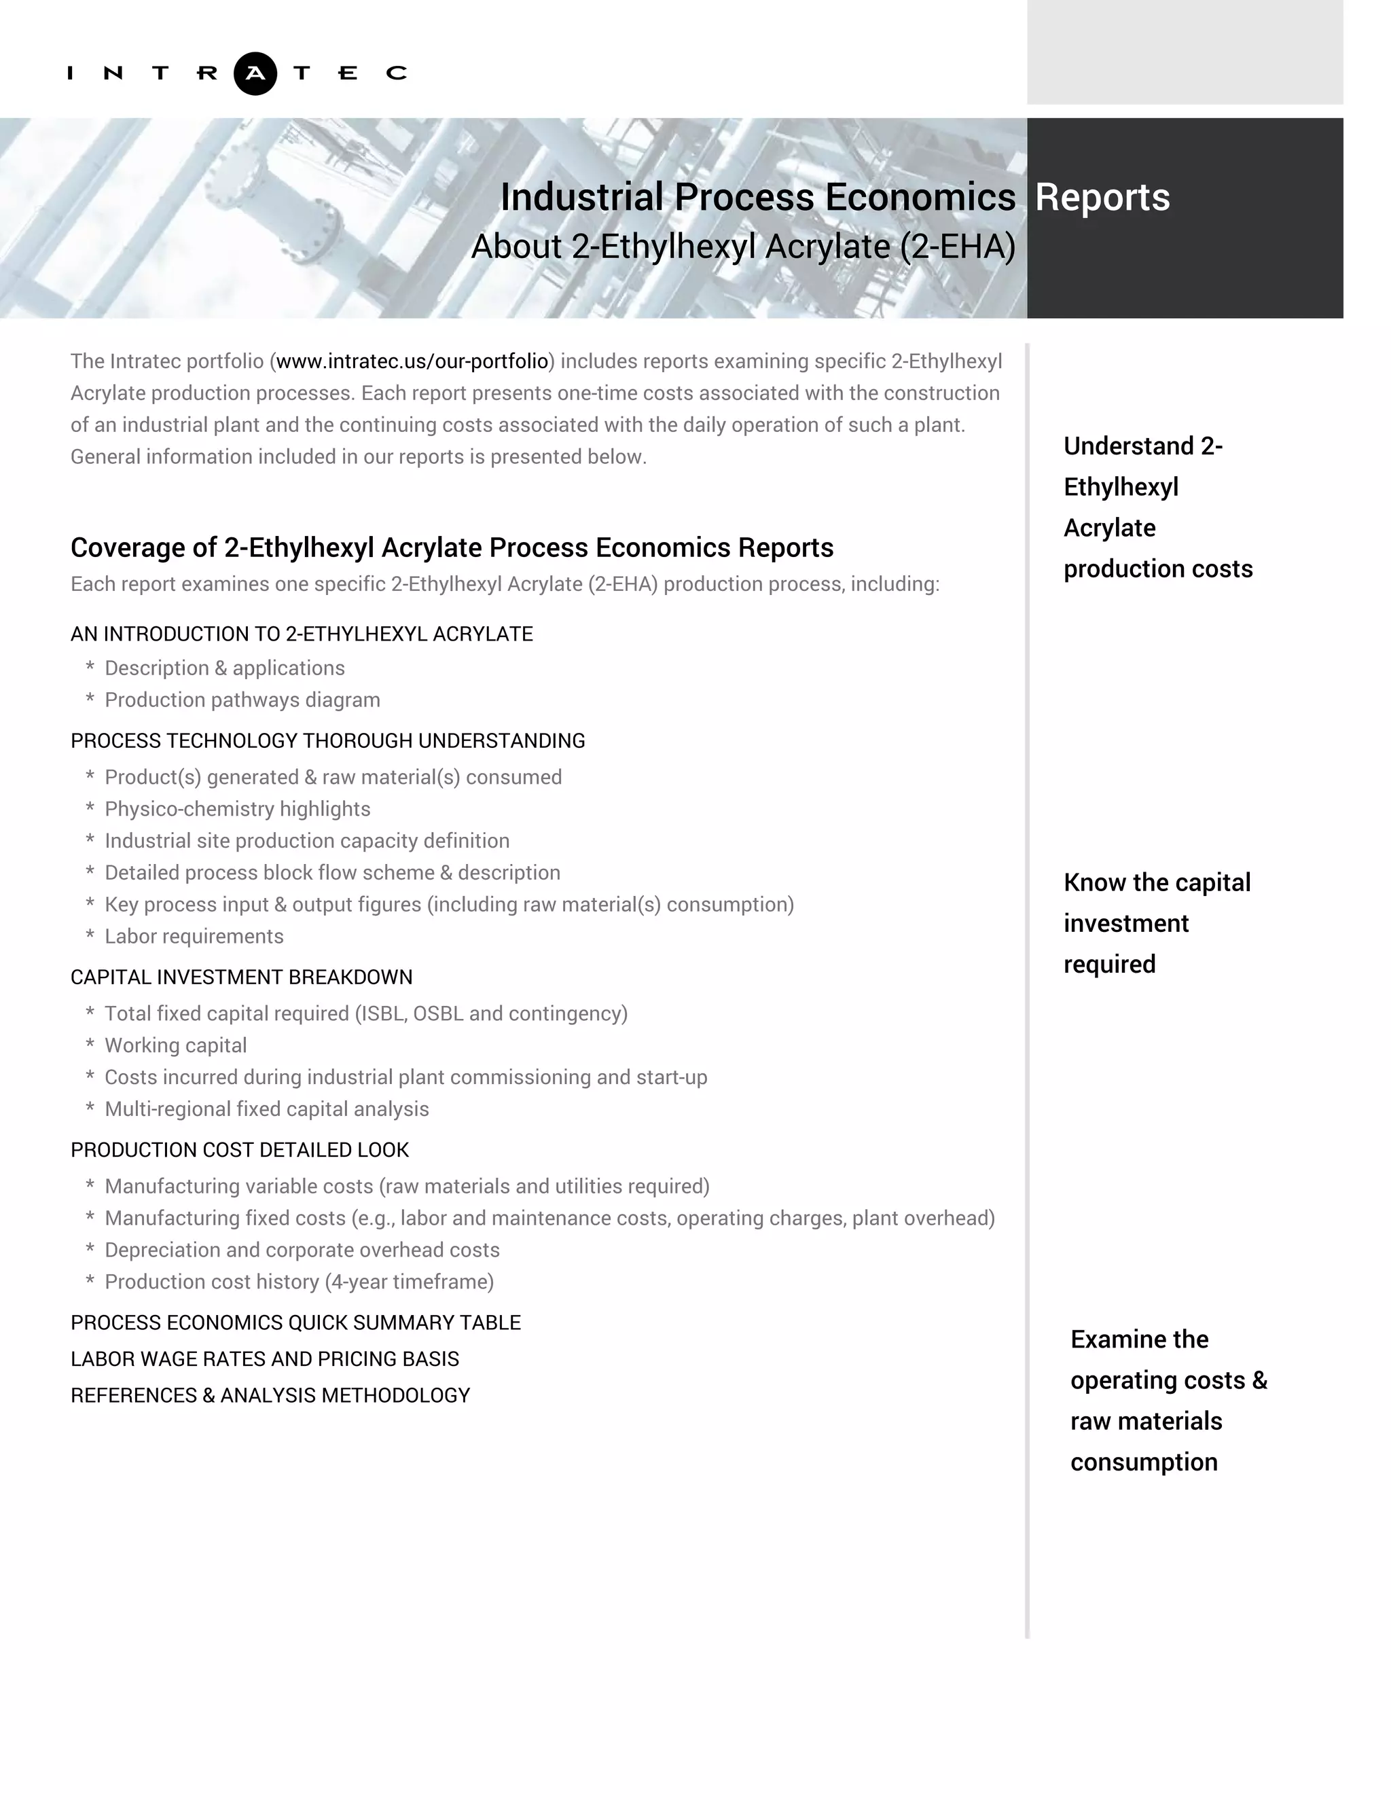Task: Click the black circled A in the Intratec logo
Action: pos(255,73)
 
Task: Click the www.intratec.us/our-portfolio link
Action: pos(412,361)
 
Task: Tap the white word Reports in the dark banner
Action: pos(1102,197)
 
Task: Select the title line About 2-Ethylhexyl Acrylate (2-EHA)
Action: pos(742,247)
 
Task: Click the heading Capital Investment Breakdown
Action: pos(241,977)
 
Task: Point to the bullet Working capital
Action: pos(175,1045)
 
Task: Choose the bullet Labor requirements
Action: pos(194,936)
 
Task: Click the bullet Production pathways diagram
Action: pos(242,700)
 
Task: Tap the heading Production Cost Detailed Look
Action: pos(240,1150)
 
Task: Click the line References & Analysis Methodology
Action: pos(270,1394)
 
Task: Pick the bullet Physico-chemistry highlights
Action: pos(237,808)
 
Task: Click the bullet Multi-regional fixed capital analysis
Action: pos(266,1109)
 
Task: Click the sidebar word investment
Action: pos(1125,923)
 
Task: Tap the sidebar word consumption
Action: pos(1144,1461)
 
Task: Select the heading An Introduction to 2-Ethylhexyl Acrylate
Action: pos(302,634)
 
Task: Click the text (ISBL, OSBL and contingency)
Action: pos(491,1013)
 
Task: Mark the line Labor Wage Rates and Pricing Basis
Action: pos(264,1358)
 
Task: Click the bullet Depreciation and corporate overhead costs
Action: pos(302,1249)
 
